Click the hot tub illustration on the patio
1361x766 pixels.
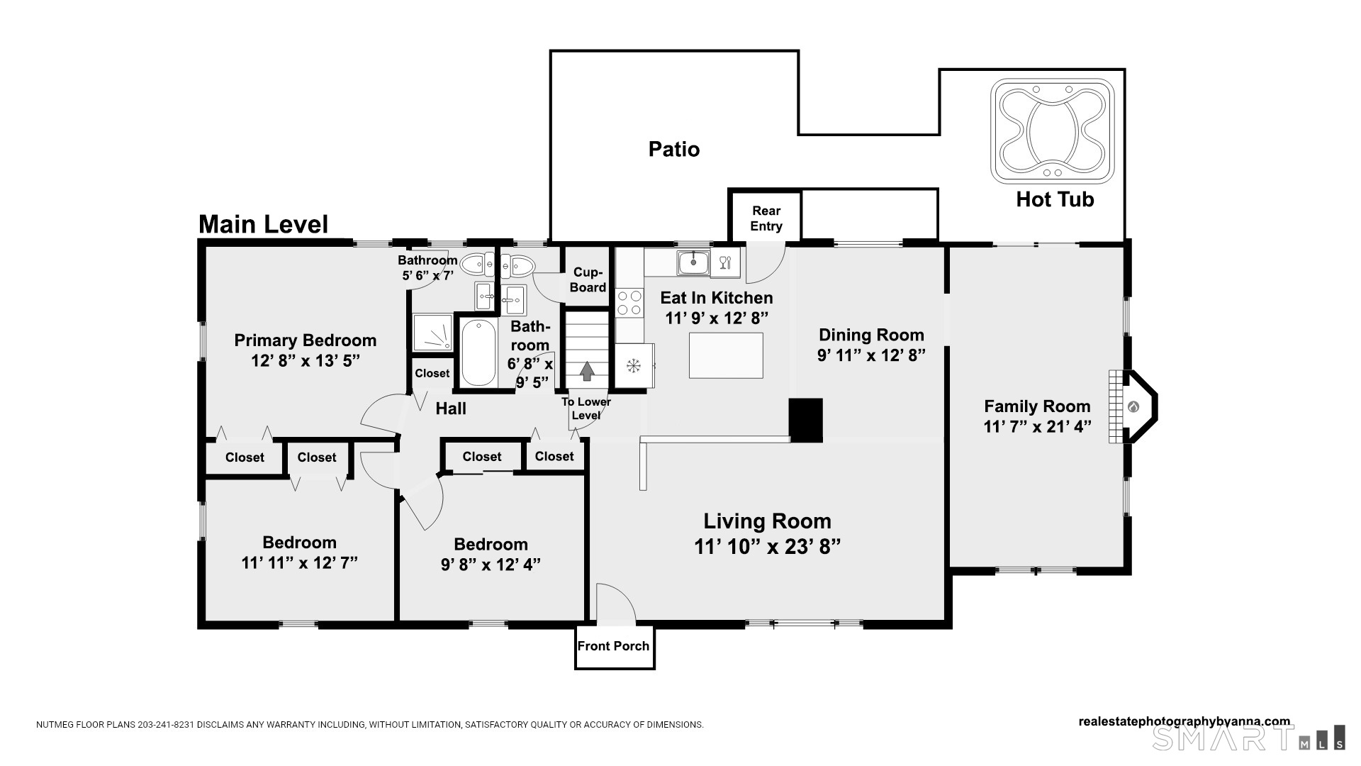click(x=1053, y=131)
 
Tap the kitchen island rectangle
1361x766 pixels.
click(x=726, y=355)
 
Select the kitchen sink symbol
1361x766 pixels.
click(x=693, y=263)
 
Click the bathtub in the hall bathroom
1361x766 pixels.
click(x=478, y=353)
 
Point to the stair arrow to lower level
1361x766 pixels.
click(x=587, y=371)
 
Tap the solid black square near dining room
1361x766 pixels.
click(x=806, y=420)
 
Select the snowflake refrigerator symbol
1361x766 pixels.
click(x=633, y=366)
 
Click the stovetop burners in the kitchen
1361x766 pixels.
click(x=629, y=303)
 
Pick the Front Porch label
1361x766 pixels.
click(x=613, y=646)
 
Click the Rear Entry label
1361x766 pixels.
click(x=766, y=218)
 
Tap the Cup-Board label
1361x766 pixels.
click(x=588, y=280)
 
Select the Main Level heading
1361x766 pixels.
click(x=264, y=224)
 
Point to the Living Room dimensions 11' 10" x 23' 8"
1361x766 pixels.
click(x=767, y=547)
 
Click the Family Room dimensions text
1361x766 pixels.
click(x=1037, y=427)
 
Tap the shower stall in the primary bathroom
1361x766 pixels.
click(x=432, y=333)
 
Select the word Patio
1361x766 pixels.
click(x=674, y=149)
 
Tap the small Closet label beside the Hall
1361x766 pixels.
click(x=432, y=373)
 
